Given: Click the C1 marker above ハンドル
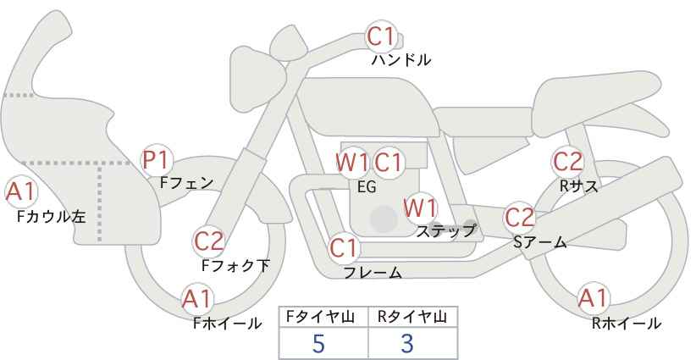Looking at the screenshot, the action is [x=381, y=36].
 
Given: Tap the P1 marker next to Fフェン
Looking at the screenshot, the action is [x=157, y=161].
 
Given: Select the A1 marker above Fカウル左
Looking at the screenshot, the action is [x=20, y=192].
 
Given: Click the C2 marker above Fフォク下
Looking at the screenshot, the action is [x=209, y=242].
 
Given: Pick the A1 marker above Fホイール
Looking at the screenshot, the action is [x=197, y=299].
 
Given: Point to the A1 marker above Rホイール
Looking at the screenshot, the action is [x=593, y=298].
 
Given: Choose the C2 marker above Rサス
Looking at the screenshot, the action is [x=567, y=162].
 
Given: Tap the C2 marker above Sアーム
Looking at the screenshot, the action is [x=520, y=218].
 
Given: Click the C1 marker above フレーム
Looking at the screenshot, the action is [x=344, y=248].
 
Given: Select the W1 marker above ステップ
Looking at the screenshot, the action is [x=420, y=208].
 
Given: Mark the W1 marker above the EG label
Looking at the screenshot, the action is [x=352, y=163].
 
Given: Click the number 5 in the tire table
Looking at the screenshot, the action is [x=319, y=343].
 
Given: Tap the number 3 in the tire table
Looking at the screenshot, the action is [x=407, y=343].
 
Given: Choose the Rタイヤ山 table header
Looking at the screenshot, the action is [x=412, y=318].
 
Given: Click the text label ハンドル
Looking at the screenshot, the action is [x=401, y=60].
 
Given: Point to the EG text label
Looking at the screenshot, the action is [x=367, y=187].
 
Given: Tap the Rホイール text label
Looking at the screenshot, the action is [x=627, y=324].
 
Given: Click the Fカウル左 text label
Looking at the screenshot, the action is [x=52, y=217].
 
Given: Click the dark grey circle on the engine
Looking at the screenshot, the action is [x=384, y=219].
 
